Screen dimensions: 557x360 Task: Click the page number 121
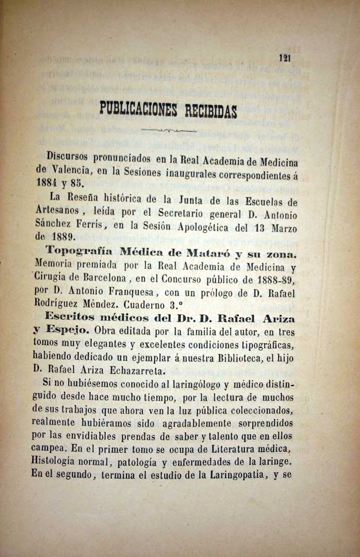(284, 58)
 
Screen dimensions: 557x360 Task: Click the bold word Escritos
(70, 317)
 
